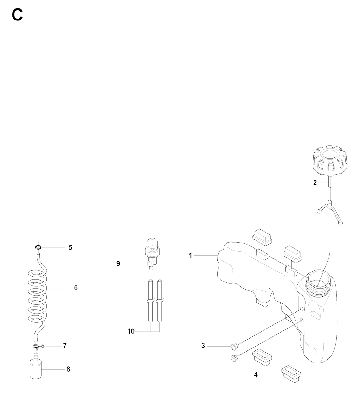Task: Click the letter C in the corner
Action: [x=17, y=15]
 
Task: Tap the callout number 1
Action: [x=190, y=256]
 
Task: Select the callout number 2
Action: [x=315, y=183]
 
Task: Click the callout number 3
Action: [x=203, y=346]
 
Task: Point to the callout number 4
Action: [x=256, y=375]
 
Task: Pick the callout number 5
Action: [x=70, y=247]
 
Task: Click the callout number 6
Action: [x=76, y=288]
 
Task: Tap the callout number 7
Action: [x=65, y=346]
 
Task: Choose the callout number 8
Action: [x=68, y=369]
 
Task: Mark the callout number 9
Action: [x=118, y=263]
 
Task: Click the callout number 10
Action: [x=131, y=331]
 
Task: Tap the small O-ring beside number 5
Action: [x=38, y=247]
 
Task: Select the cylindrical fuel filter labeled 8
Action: [x=36, y=369]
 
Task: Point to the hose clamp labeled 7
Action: [x=38, y=347]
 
